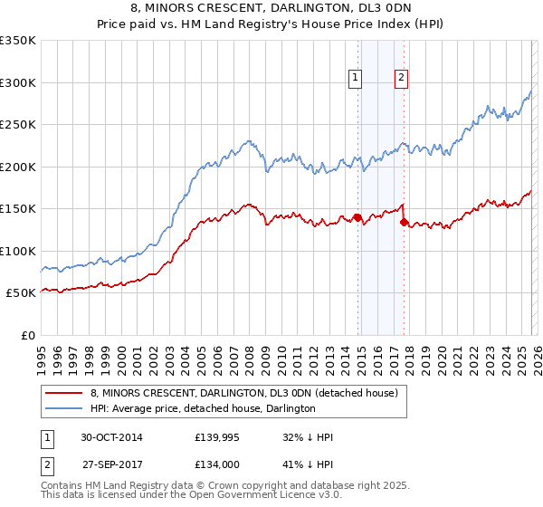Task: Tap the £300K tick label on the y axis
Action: click(18, 82)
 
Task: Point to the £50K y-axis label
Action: click(21, 293)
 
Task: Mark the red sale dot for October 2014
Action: click(357, 217)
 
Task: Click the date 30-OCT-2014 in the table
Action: click(111, 437)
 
